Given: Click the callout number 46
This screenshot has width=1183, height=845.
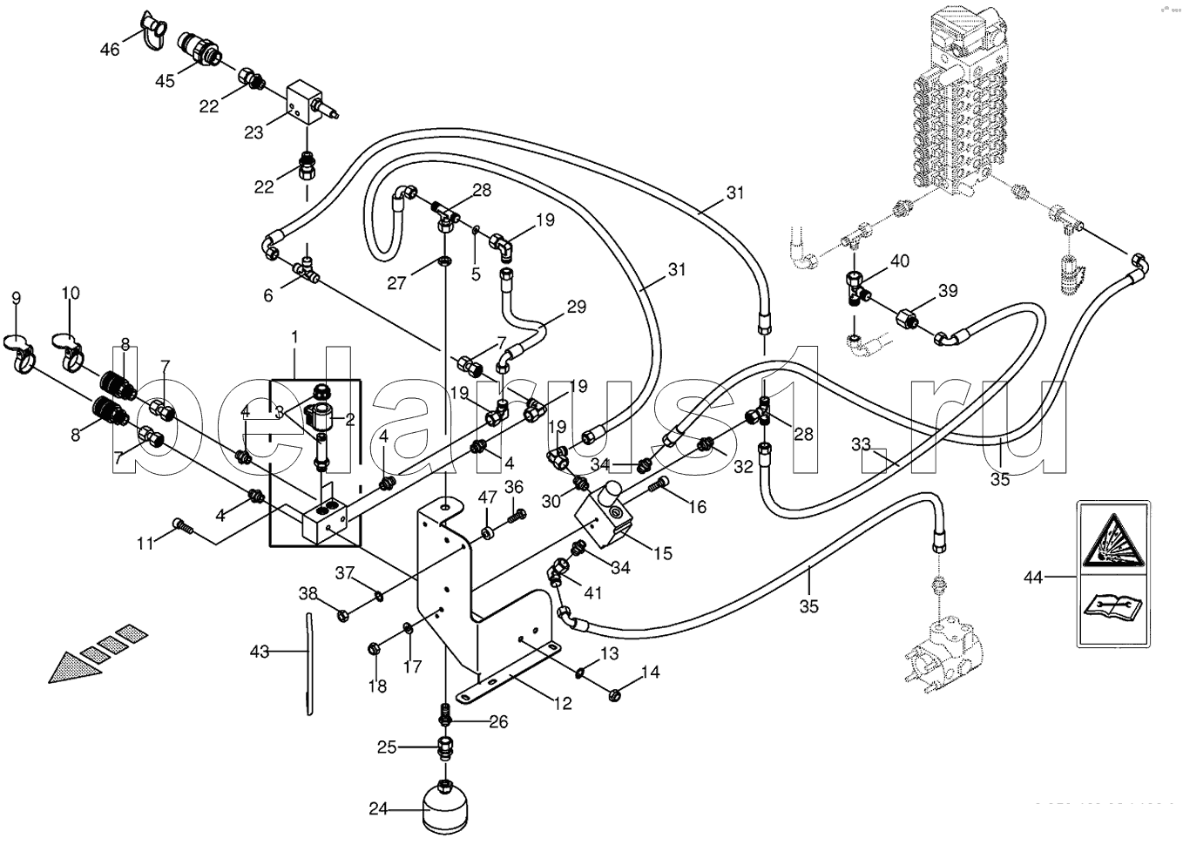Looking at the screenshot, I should click(110, 50).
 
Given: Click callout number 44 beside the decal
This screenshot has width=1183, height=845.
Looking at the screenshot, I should click(1033, 577).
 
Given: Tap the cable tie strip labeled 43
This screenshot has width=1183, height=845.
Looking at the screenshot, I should click(308, 662).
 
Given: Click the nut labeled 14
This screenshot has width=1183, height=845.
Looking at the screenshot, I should click(613, 693).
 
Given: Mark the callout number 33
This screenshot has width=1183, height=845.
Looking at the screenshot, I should click(861, 445).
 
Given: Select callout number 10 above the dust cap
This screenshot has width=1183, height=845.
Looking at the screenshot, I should click(71, 294).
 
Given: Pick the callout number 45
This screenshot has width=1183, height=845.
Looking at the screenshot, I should click(166, 81).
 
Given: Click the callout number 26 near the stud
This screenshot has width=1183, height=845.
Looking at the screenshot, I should click(497, 722).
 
